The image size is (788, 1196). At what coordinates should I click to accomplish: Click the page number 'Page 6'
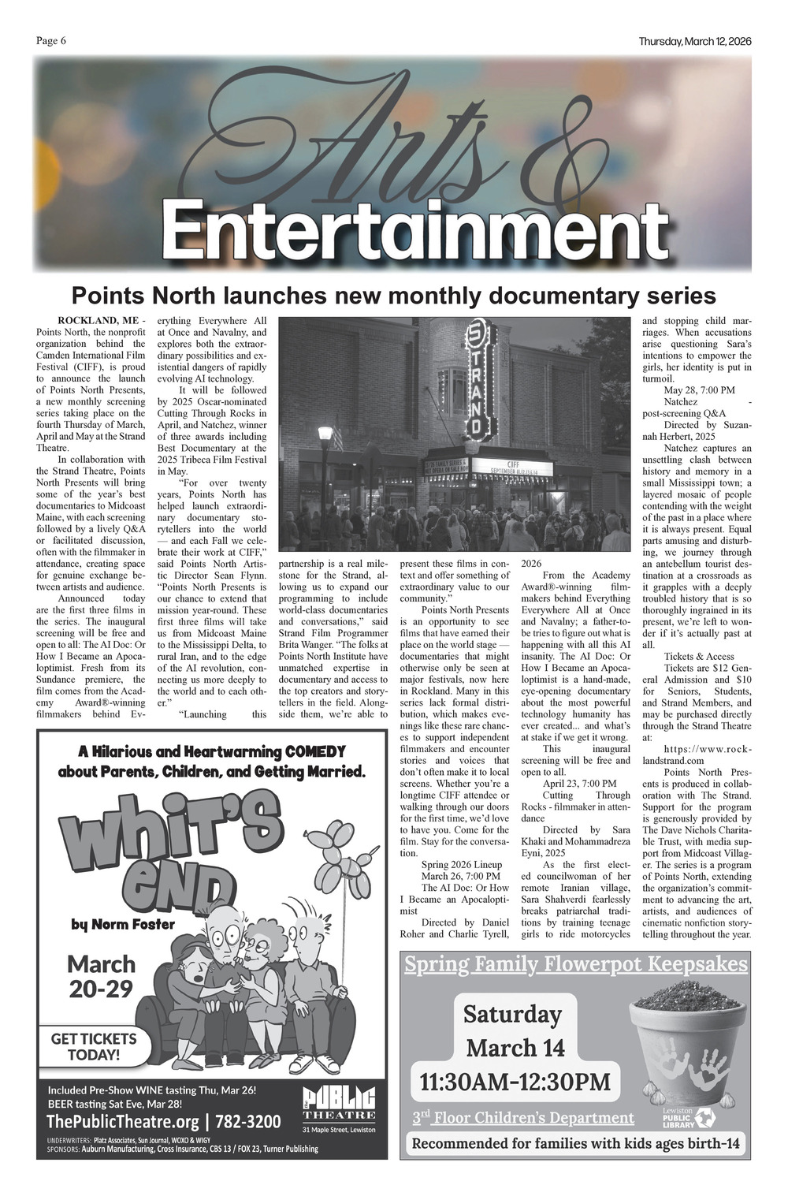click(51, 42)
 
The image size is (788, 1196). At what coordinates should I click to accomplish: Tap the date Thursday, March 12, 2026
click(695, 42)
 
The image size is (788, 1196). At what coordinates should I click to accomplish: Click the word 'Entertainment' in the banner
click(415, 228)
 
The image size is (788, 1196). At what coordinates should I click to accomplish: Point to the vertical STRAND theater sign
click(477, 379)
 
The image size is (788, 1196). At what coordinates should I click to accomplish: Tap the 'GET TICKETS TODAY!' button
click(94, 1046)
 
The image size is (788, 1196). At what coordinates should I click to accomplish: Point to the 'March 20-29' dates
click(101, 975)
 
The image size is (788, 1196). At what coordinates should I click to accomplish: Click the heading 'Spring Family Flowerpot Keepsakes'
click(575, 964)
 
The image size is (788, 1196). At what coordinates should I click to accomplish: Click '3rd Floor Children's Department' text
click(523, 1117)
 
